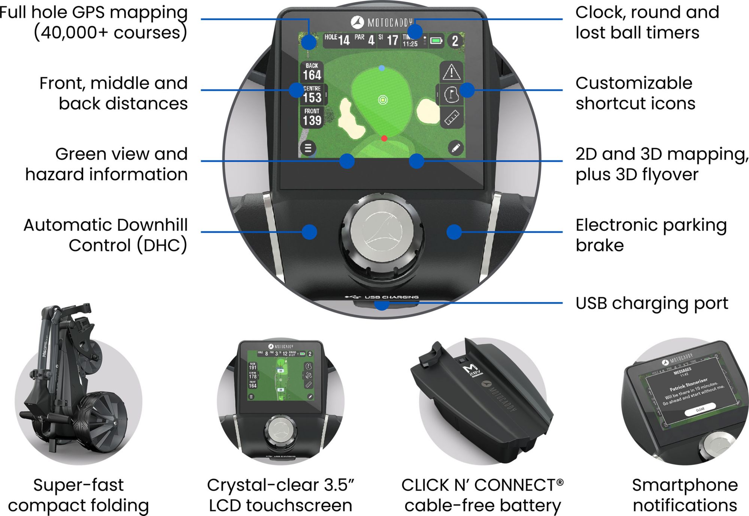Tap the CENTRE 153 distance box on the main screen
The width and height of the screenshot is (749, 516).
312,94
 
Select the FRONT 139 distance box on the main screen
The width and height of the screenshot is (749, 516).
312,117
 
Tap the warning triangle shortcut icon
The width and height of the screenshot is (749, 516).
451,72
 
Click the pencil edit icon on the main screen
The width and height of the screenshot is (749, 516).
455,148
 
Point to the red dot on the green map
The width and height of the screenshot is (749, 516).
384,138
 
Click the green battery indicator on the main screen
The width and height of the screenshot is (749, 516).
436,40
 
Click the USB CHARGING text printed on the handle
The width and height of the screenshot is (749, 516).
391,297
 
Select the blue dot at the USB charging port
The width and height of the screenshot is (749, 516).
381,304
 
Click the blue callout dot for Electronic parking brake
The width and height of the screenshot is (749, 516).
454,232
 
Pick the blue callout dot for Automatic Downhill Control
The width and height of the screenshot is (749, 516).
309,232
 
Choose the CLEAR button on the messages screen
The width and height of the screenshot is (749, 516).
700,410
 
